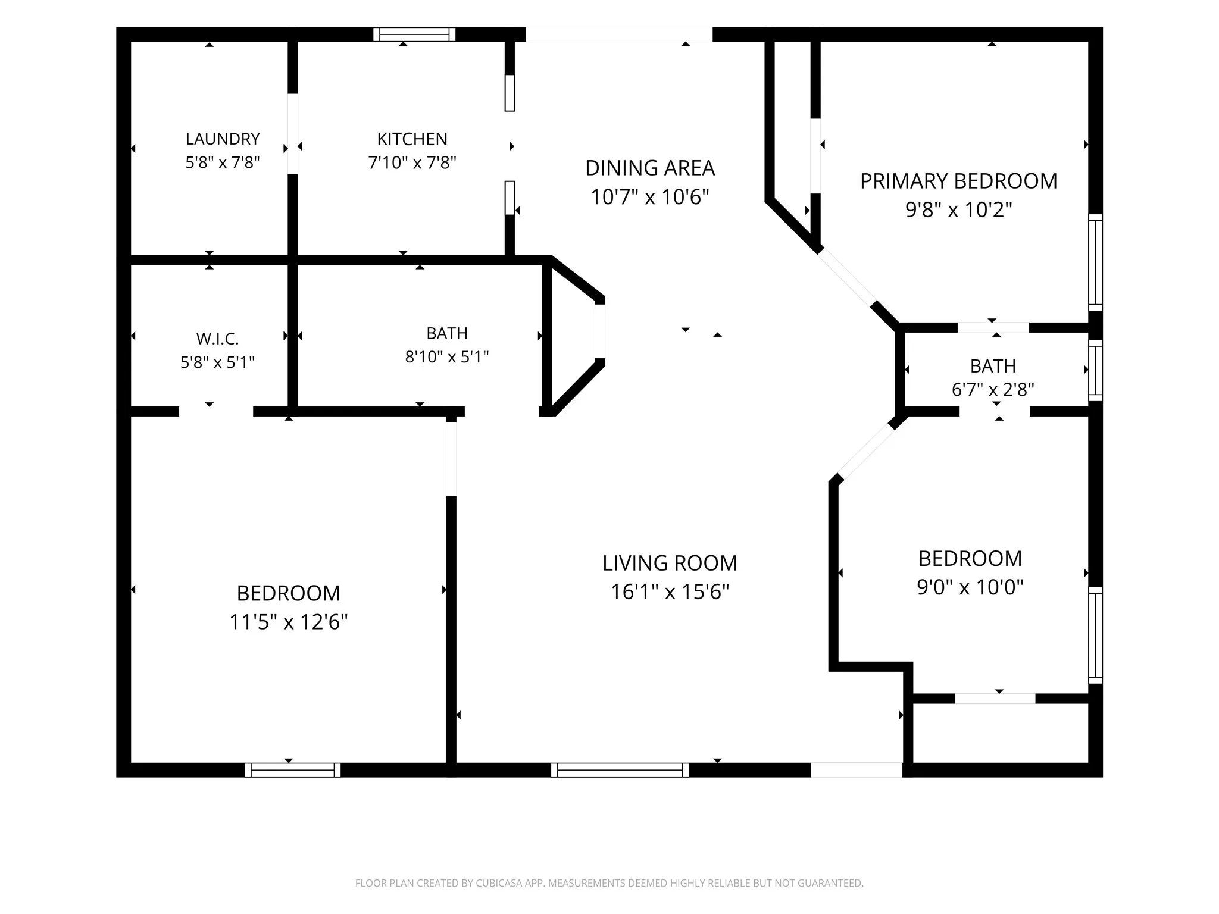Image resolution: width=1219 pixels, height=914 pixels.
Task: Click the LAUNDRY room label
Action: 223,139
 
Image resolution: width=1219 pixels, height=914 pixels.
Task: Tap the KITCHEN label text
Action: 412,139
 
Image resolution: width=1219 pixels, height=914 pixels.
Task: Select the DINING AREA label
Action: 650,168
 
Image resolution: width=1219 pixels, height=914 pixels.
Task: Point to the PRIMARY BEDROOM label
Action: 958,181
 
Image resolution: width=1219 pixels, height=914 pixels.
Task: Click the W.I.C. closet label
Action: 217,339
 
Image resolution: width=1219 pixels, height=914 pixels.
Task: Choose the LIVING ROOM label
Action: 670,563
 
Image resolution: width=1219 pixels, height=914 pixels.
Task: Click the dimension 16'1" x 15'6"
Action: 670,592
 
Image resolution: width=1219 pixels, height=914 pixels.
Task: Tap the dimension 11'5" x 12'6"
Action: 289,622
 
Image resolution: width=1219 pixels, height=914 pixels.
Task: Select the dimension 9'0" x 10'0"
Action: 970,587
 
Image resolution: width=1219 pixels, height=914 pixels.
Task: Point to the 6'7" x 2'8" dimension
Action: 993,390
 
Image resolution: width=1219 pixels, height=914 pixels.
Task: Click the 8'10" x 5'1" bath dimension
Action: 447,357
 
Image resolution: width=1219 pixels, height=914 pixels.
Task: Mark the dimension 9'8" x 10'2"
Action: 958,210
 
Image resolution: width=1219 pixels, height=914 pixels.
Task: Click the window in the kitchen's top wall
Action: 414,35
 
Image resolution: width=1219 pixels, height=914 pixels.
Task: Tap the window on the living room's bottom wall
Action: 620,770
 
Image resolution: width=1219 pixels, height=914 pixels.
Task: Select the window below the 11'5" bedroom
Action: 293,770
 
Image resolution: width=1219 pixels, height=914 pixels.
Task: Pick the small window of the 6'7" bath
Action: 1096,370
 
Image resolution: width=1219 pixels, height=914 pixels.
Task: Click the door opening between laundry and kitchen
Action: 293,134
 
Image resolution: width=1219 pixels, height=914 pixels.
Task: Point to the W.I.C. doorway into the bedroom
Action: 216,411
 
